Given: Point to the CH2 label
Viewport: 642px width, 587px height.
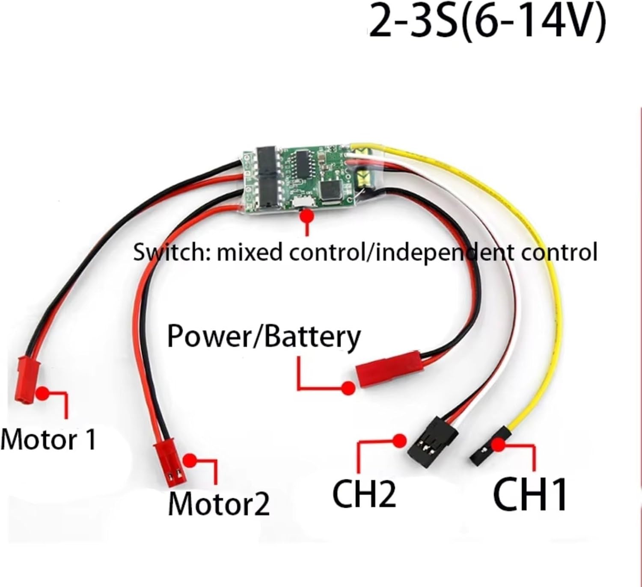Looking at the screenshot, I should coord(364,494).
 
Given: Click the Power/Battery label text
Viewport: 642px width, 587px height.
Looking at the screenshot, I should coord(264,336).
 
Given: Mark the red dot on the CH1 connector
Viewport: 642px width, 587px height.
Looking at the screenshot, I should coord(498,445).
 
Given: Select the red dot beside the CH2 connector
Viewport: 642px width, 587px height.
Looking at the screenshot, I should coord(400,440).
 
